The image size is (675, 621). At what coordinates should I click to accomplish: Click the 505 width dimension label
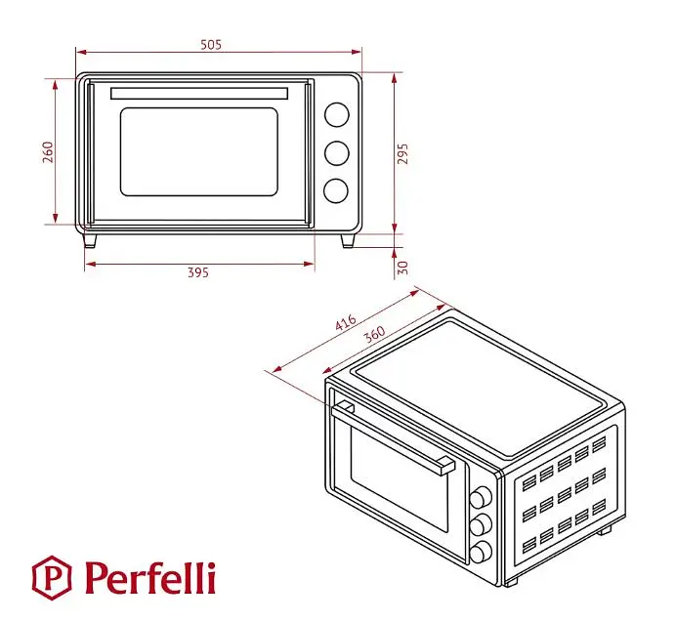coord(211,45)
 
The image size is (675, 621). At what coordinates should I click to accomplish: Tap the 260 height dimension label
coord(48,152)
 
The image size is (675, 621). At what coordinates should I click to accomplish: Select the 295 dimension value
coord(402,153)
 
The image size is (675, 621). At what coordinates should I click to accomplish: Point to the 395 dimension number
coord(198,272)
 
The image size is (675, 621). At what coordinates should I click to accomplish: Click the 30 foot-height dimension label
coord(402,268)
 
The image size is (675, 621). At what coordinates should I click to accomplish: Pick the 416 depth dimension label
coord(346,322)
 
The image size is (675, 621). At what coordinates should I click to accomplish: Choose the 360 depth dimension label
coord(374,334)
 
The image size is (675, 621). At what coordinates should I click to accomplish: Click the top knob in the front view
coord(337,115)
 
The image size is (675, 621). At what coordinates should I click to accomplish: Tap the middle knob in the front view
coord(337,152)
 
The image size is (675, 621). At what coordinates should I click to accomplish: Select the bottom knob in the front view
coord(336,190)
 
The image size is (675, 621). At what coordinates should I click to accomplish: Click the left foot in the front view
coord(90,240)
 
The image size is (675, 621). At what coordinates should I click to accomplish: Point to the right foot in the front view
coord(348,241)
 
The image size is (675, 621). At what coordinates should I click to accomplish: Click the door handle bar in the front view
coord(199,94)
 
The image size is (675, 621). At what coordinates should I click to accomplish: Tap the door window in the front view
coord(199,152)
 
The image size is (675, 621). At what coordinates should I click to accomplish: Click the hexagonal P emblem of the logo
coord(52,577)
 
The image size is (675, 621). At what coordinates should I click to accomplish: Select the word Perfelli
coord(149,577)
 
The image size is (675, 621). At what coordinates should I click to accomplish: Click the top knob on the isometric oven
coord(481,498)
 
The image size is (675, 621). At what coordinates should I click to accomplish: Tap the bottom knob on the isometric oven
coord(481,552)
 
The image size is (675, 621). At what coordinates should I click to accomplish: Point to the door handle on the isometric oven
coord(393,436)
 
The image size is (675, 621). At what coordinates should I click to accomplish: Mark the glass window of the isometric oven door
coord(400,479)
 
